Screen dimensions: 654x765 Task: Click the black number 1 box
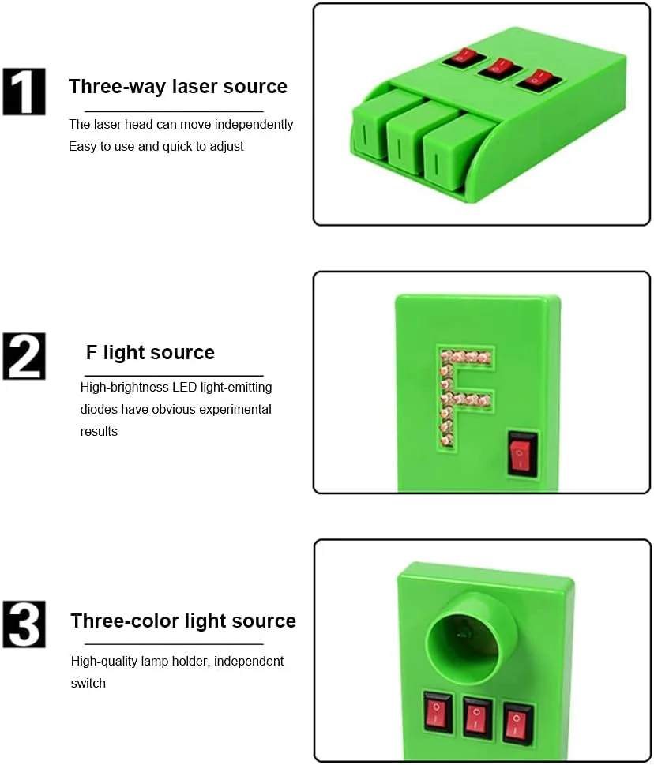pos(24,92)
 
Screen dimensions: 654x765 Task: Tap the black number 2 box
pos(24,356)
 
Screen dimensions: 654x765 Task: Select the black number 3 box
pos(24,624)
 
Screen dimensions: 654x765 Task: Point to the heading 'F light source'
pos(150,352)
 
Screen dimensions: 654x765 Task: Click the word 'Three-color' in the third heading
pos(125,621)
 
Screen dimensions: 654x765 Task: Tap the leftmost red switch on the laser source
pos(463,58)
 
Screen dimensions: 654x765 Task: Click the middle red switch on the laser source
pos(499,69)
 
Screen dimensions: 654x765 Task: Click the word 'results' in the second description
pos(99,432)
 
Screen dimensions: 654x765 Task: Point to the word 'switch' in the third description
pos(88,683)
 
